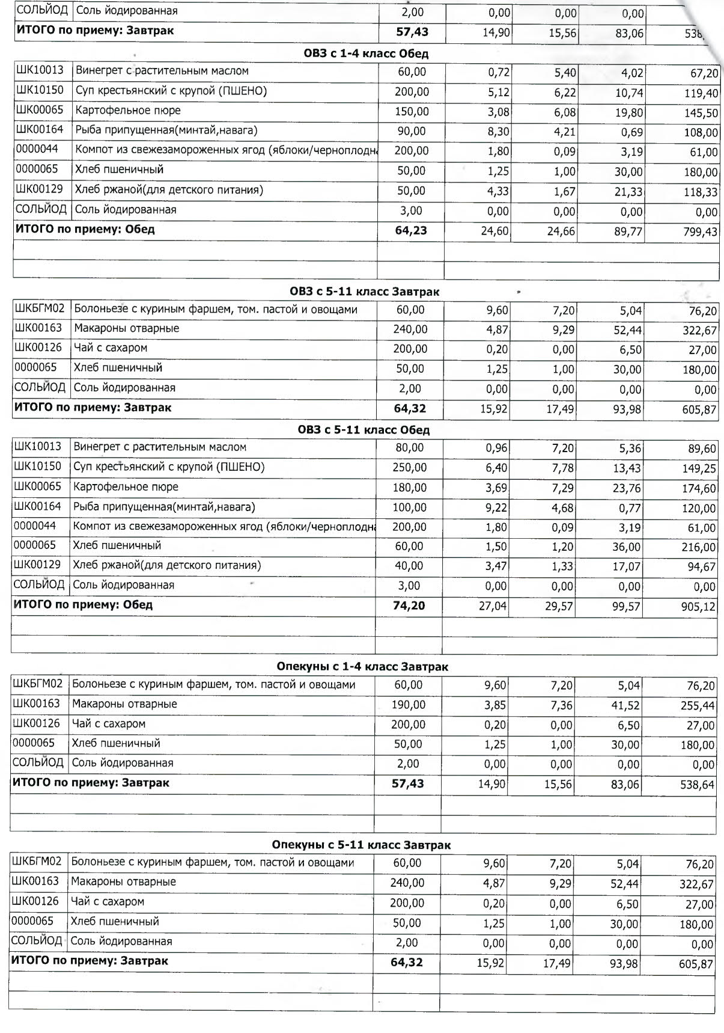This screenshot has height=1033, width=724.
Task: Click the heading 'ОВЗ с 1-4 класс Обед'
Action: [366, 54]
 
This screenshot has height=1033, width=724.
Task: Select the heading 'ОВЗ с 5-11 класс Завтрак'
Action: [364, 292]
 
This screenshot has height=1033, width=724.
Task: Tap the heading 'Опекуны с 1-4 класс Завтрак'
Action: [362, 666]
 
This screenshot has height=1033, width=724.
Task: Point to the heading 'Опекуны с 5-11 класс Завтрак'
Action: [361, 845]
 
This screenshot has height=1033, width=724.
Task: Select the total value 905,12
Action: [698, 607]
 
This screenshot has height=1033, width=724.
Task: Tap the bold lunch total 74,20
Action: [409, 605]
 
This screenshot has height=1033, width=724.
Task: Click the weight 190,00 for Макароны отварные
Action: [409, 704]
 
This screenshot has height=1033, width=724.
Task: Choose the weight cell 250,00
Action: [410, 467]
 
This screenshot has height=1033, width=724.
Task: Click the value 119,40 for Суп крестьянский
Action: [701, 93]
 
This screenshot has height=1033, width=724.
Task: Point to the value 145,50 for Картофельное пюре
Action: [701, 113]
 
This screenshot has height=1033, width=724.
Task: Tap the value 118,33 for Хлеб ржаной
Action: [701, 192]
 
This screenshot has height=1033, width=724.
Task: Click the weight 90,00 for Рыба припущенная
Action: [411, 131]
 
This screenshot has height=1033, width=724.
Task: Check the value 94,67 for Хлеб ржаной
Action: [701, 567]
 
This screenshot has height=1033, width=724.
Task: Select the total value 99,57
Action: [626, 607]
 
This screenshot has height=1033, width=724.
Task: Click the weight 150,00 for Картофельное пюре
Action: [411, 111]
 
